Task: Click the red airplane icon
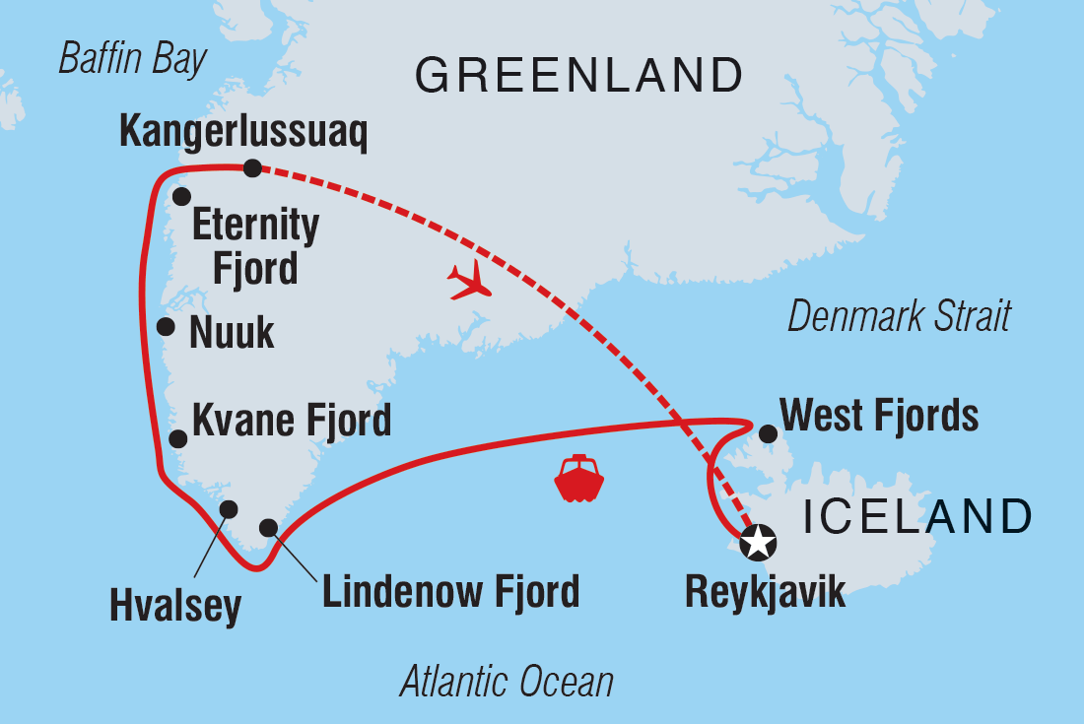coord(469,281)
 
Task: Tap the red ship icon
coord(578,480)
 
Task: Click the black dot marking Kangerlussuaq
coord(252,168)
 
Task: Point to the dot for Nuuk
coord(167,327)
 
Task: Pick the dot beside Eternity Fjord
coord(181,197)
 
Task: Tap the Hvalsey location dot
coord(229,509)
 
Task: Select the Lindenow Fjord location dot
coord(268,528)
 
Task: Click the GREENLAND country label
coord(578,75)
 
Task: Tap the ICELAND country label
coord(916,516)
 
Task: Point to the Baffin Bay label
coord(133,59)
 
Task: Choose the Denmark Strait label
coord(899,317)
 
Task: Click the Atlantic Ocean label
coord(507,682)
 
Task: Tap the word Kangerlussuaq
coord(243,133)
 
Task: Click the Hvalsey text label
coord(176,608)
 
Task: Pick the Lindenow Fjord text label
coord(450,592)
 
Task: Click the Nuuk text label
coord(231,333)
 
